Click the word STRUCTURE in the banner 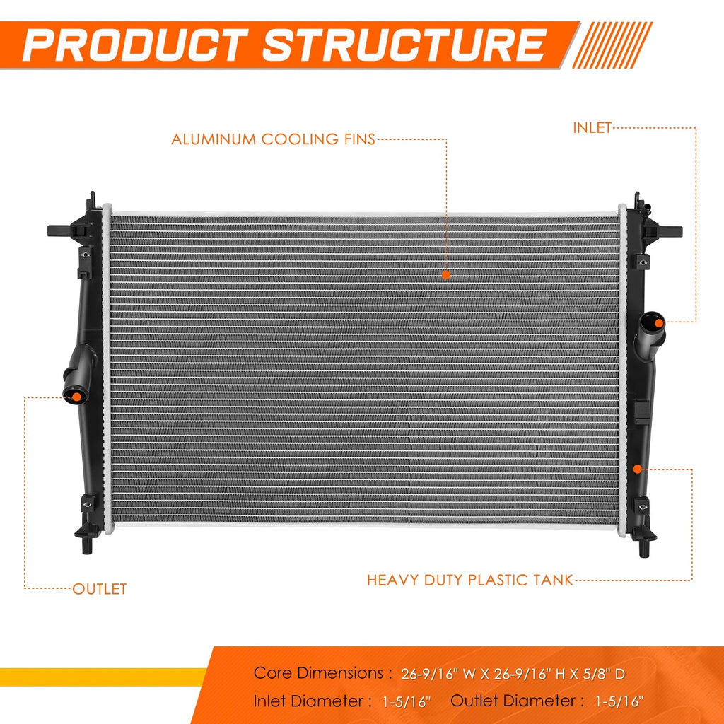[x=405, y=45]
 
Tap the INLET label [x=592, y=128]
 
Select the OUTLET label [x=99, y=589]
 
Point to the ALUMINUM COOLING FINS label [x=273, y=139]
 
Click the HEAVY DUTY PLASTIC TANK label [x=469, y=580]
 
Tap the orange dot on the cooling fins [x=445, y=275]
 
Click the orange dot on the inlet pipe [x=660, y=322]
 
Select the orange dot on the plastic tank [x=638, y=469]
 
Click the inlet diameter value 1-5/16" [x=407, y=702]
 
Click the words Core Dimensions [x=318, y=673]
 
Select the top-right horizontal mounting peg [x=670, y=231]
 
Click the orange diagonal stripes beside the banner [x=612, y=45]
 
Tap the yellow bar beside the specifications [x=103, y=677]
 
